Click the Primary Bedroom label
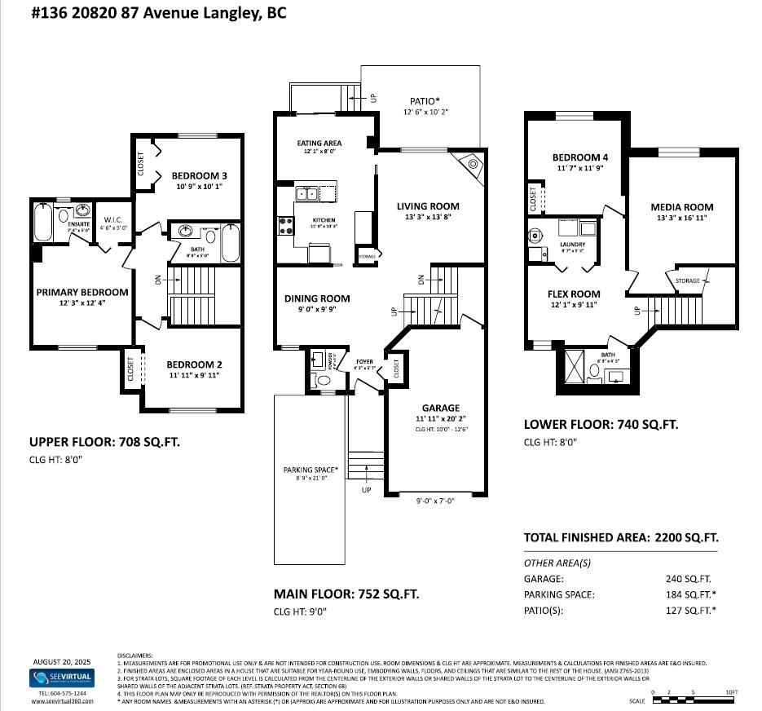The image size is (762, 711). pyautogui.click(x=81, y=292)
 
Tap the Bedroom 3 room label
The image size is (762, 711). pyautogui.click(x=199, y=175)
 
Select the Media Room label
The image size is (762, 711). pyautogui.click(x=681, y=207)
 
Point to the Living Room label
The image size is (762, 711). pyautogui.click(x=428, y=206)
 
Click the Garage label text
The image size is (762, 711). pyautogui.click(x=440, y=408)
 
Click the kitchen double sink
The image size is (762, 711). pyautogui.click(x=307, y=194)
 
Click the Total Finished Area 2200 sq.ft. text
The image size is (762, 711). pyautogui.click(x=620, y=537)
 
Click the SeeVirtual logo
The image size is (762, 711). pyautogui.click(x=62, y=678)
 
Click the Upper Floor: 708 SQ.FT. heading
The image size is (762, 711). pyautogui.click(x=105, y=443)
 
